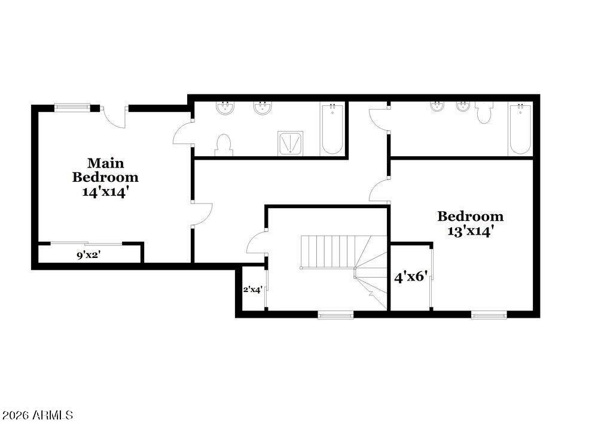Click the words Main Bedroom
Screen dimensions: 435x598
tap(105, 170)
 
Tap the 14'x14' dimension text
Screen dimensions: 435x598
tap(105, 193)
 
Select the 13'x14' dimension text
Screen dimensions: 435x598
tap(471, 232)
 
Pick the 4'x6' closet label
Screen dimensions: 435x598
tap(411, 277)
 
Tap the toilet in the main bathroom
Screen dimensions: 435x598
tap(223, 144)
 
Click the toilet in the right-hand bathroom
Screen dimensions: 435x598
tap(484, 112)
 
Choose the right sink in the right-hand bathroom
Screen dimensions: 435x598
tap(463, 108)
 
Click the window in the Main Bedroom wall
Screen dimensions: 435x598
tap(72, 108)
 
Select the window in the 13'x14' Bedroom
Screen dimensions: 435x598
tap(489, 314)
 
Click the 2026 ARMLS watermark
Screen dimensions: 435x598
tap(38, 415)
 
